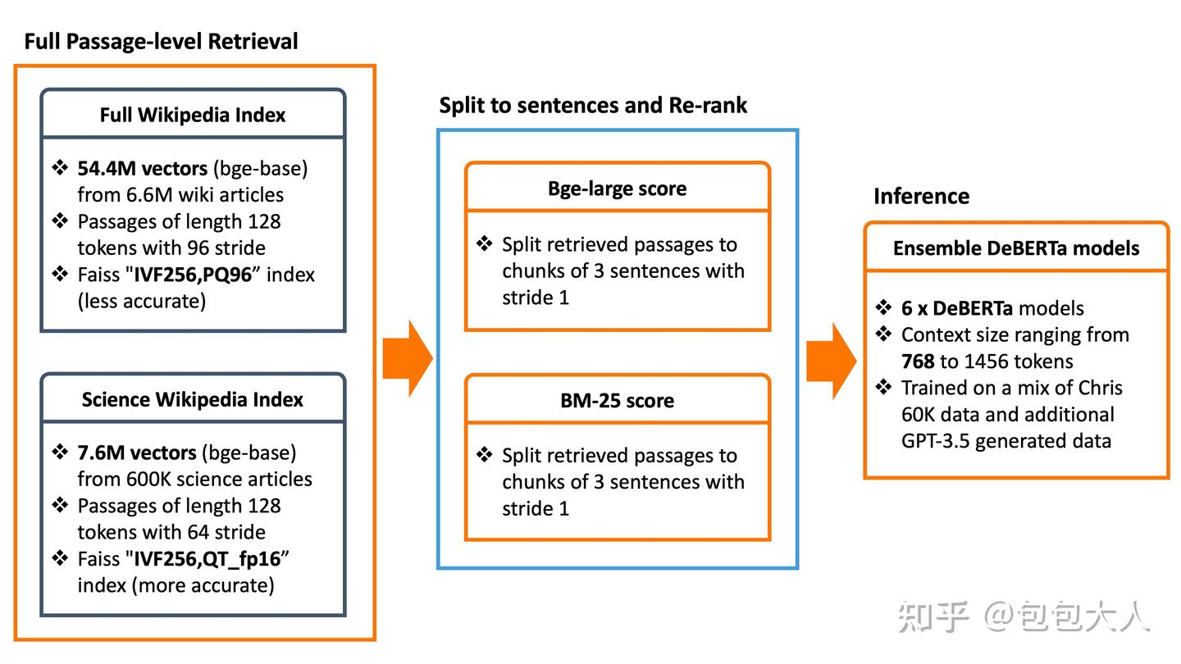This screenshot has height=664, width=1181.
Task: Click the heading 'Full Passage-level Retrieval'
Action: (161, 42)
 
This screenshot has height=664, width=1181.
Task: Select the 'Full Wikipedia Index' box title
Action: (193, 115)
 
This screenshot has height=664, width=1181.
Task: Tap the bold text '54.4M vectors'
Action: (143, 169)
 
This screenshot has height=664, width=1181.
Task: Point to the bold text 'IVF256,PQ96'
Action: (193, 275)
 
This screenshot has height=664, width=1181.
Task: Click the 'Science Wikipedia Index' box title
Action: (193, 399)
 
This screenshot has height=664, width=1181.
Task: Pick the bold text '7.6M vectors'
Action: (136, 453)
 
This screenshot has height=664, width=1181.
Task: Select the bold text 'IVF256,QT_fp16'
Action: (207, 559)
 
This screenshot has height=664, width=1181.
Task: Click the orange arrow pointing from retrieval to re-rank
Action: (408, 358)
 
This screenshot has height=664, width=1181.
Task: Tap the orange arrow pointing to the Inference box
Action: (832, 361)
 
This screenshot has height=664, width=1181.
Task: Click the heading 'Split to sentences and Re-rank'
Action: (593, 106)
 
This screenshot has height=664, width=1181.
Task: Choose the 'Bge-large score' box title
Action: (618, 189)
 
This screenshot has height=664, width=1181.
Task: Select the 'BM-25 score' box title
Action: (618, 401)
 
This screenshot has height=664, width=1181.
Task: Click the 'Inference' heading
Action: (922, 196)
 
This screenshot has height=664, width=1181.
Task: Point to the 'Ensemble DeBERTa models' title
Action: (1016, 248)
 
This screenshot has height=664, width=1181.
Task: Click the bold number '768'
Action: (918, 362)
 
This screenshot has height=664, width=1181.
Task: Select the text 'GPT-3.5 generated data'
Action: (1006, 441)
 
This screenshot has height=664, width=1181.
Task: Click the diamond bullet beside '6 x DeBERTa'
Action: (883, 307)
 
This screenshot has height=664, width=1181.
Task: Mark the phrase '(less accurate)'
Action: (142, 302)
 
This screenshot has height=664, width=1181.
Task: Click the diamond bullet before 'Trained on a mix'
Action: (883, 387)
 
